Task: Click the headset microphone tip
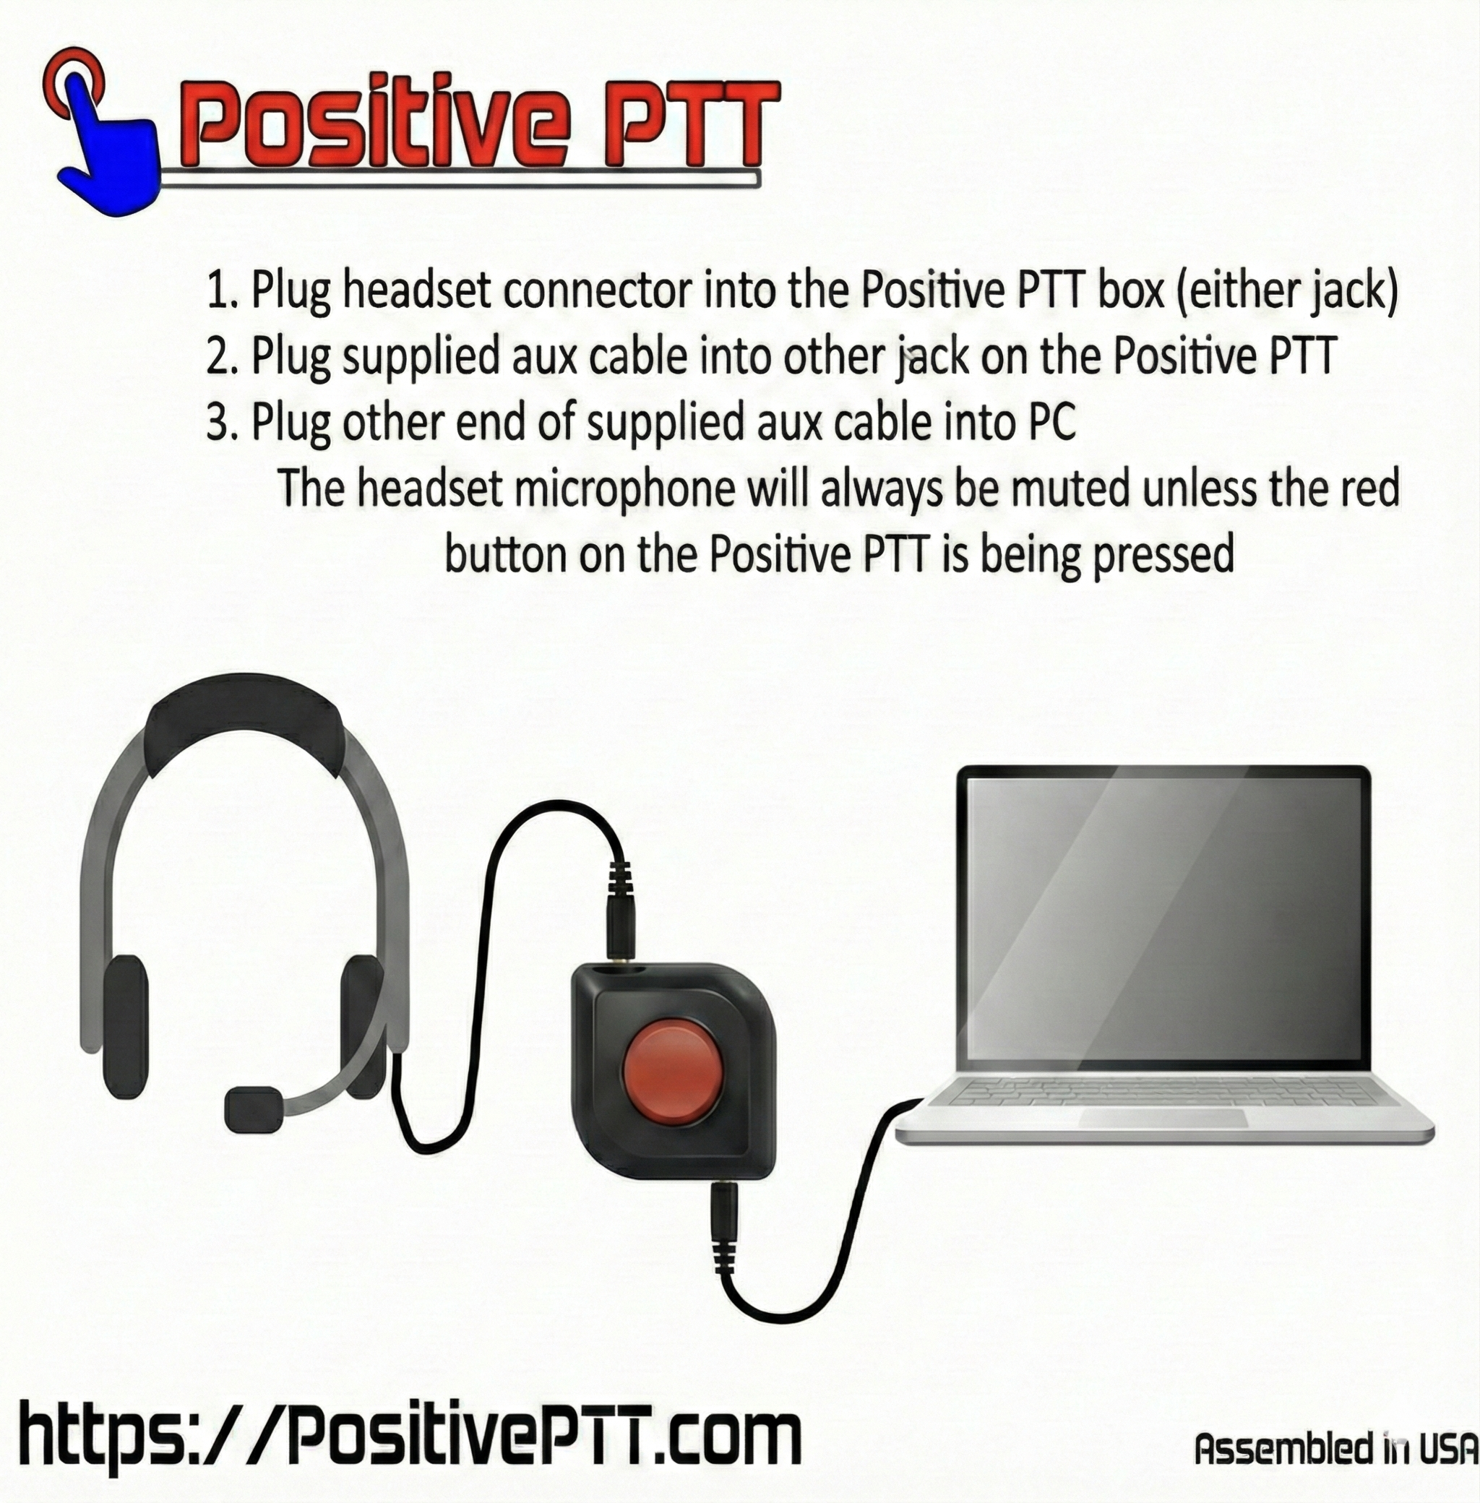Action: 254,1108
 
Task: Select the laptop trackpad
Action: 1163,1119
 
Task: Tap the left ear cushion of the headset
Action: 124,1026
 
